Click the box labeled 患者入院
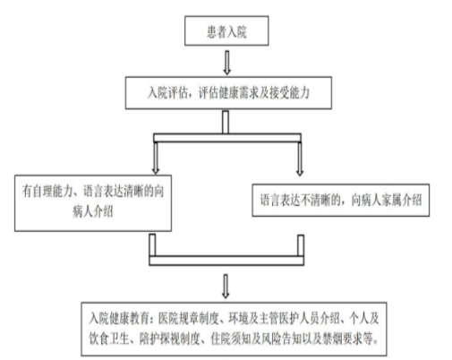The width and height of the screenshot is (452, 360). pos(226,30)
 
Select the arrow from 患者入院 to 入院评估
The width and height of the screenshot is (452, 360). pos(226,63)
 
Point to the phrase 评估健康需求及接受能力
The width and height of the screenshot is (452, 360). pos(254,93)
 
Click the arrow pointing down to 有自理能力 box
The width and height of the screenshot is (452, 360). pos(156,159)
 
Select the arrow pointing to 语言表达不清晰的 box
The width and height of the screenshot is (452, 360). pos(300,159)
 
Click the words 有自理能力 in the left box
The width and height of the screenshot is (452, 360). pos(47,191)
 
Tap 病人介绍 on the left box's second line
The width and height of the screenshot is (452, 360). pos(93,211)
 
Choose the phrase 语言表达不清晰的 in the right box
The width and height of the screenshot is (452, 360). pos(301,200)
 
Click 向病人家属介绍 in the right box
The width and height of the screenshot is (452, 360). pos(387,200)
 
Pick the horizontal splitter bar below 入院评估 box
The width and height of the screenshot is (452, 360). pos(227,138)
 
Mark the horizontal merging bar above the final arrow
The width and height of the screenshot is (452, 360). pos(226,261)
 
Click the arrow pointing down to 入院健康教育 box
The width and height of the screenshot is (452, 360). pos(226,287)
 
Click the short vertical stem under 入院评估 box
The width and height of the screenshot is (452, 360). pos(226,123)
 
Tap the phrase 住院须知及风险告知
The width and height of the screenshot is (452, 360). pos(255,339)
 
